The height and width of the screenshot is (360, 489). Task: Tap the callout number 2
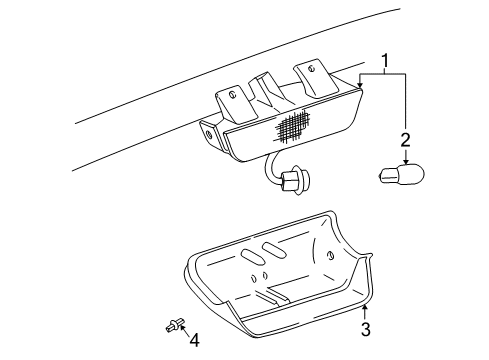[x=405, y=138]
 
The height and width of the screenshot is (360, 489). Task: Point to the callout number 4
[x=194, y=340]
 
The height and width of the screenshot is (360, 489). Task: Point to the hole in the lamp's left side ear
[x=211, y=133]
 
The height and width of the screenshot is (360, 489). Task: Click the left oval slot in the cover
[x=247, y=258]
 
